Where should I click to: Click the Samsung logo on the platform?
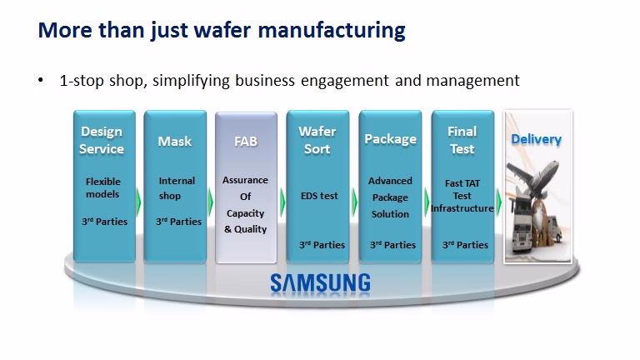coord(320,282)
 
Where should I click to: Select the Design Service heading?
coord(102,140)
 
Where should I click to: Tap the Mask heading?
coord(175,141)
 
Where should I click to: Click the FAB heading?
coord(246,141)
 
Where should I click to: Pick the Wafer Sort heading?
coord(317,140)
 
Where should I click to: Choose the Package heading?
coord(391,139)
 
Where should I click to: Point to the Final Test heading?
coord(462,140)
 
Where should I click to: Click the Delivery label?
coord(537,139)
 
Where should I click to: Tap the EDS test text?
coord(319,196)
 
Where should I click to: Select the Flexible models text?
coord(102,187)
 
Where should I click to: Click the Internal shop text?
coord(177,188)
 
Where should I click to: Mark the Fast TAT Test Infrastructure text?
coord(462,196)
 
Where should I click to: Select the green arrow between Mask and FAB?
coord(211,202)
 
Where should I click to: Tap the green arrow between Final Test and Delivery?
coord(499,202)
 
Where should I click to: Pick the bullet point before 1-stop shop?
coord(40,80)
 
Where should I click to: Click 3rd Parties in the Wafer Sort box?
coord(322,245)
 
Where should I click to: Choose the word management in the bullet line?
coord(473,81)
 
